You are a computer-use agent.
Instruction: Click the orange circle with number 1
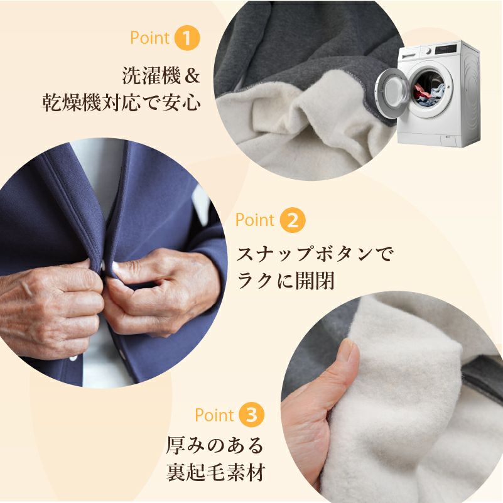[187, 38]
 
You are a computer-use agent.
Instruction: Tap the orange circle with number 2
[293, 220]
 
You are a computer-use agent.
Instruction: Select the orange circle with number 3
[251, 414]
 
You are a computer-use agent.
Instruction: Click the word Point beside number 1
[149, 38]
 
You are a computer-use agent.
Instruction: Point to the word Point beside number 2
[255, 220]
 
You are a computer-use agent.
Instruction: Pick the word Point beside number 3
[214, 415]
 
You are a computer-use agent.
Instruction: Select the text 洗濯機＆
[161, 76]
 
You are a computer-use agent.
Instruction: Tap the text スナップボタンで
[315, 254]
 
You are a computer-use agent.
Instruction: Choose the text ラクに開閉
[286, 281]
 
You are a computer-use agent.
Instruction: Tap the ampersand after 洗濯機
[192, 76]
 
